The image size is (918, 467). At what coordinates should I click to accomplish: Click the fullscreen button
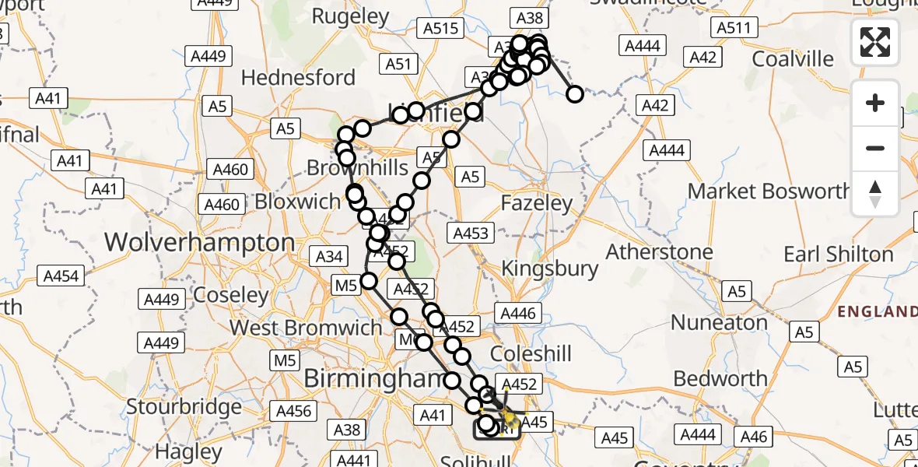click(875, 42)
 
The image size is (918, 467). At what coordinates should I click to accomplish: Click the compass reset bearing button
click(875, 194)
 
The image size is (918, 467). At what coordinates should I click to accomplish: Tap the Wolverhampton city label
click(200, 242)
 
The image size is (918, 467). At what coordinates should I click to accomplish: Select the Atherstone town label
click(660, 252)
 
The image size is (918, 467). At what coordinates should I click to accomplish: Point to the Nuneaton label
click(720, 322)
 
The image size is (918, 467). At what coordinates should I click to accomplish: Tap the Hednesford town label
click(298, 78)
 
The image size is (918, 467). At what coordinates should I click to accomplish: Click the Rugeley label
click(350, 16)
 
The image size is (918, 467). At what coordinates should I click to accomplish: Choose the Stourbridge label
click(184, 406)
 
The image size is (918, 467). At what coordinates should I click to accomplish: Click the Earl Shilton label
click(839, 255)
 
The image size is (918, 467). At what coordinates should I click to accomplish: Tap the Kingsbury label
click(550, 269)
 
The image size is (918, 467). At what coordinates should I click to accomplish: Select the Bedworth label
click(720, 378)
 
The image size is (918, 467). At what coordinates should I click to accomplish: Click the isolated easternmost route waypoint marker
click(575, 95)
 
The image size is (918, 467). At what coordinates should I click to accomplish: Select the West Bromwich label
click(305, 328)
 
